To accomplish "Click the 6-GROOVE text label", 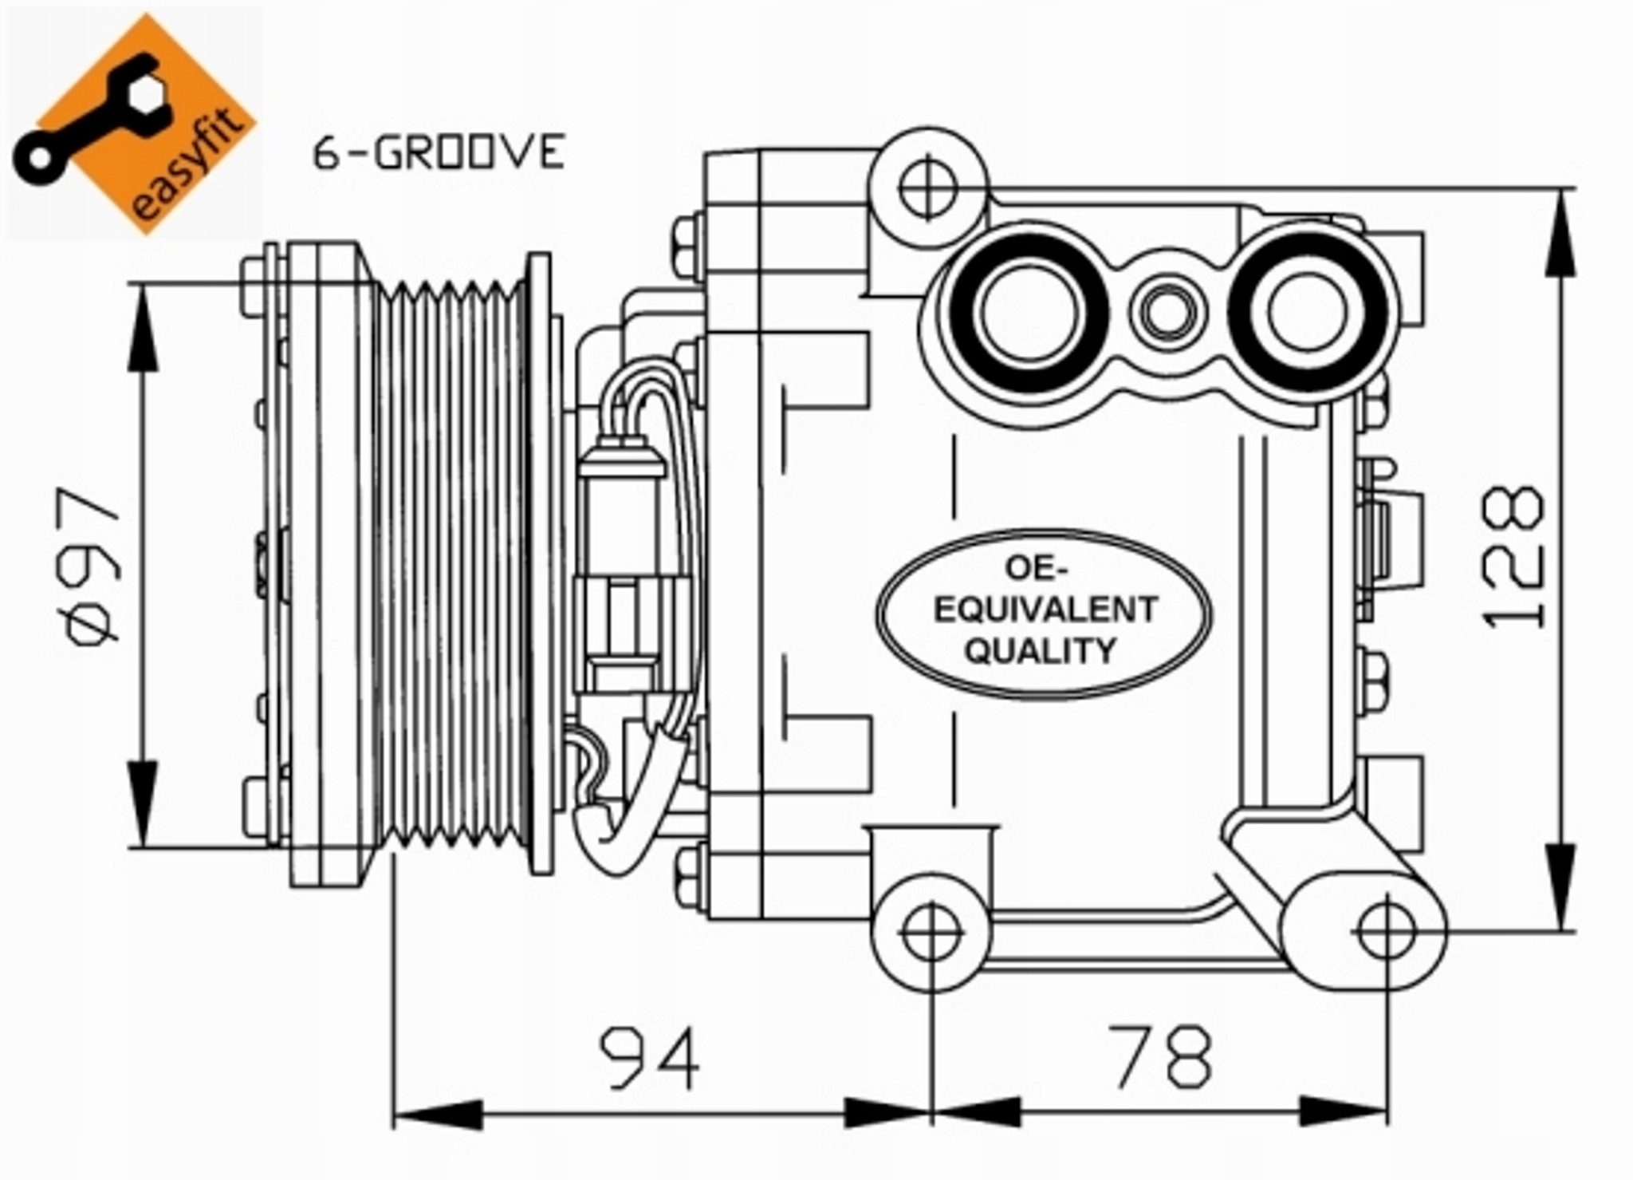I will (439, 152).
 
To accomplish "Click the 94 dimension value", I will (650, 1058).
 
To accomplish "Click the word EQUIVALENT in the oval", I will (1045, 610).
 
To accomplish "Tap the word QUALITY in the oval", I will (1040, 651).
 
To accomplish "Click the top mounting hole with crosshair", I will (927, 188).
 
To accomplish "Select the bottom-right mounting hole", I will (1387, 932).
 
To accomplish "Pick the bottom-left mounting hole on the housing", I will (931, 932).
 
